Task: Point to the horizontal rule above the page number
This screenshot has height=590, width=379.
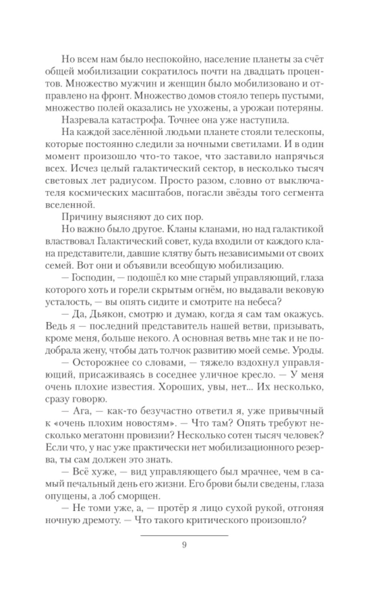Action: point(184,535)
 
